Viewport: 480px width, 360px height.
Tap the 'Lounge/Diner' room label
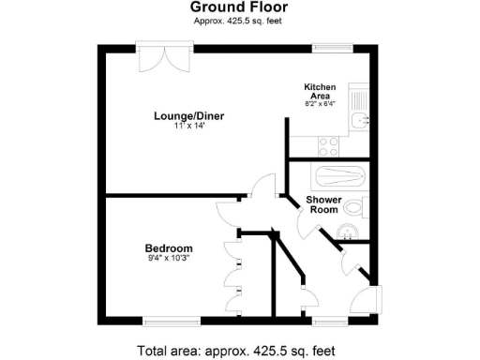(189, 116)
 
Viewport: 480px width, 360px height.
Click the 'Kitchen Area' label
(320, 91)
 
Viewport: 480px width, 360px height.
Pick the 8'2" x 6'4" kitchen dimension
(321, 104)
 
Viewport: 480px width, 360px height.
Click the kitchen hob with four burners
(329, 145)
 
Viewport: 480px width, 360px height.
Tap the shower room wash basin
(351, 234)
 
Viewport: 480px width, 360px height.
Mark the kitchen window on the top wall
(332, 46)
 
